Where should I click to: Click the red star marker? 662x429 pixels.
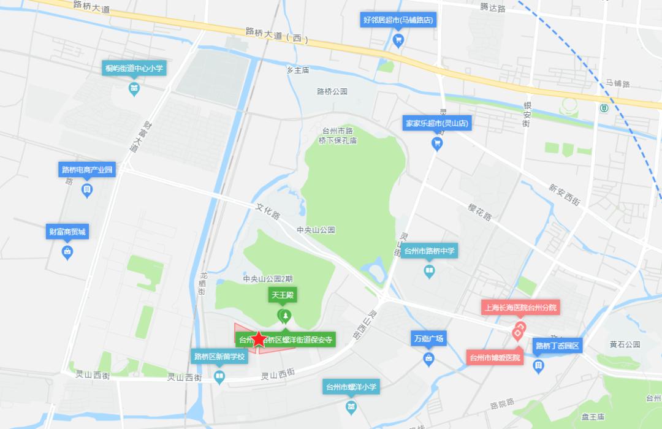(259, 339)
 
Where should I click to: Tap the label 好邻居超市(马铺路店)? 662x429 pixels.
(398, 20)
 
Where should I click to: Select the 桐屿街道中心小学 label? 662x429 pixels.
(134, 68)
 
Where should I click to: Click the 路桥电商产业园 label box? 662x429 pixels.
(87, 169)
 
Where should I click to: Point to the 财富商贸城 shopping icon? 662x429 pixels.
(67, 251)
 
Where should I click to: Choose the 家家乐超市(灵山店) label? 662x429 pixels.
(437, 123)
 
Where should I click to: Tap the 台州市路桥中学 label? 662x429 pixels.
(430, 251)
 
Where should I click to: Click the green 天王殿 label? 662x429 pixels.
(283, 295)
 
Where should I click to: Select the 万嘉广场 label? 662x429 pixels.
(428, 338)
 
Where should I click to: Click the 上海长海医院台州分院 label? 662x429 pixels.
(520, 308)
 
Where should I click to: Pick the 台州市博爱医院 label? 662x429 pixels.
(495, 357)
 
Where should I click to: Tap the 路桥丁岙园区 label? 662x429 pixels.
(558, 345)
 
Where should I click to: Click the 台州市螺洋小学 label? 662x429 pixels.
(351, 387)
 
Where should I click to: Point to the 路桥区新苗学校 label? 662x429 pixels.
(219, 356)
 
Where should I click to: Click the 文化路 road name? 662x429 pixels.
(268, 212)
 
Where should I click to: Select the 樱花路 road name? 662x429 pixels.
(480, 211)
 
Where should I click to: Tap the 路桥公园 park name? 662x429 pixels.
(332, 91)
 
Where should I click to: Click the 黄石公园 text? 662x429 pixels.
(625, 344)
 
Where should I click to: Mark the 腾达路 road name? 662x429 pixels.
(493, 8)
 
